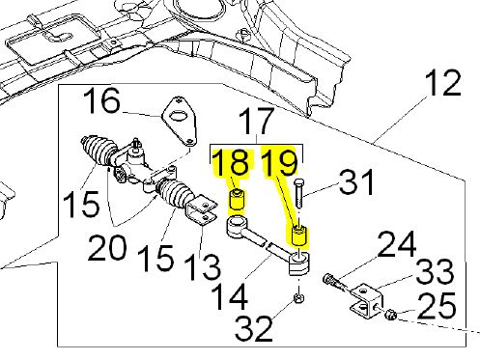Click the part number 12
pyautogui.click(x=442, y=83)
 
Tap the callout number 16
pyautogui.click(x=103, y=101)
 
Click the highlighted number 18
pyautogui.click(x=231, y=163)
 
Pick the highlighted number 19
pyautogui.click(x=279, y=163)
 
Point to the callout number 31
pyautogui.click(x=356, y=182)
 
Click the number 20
pyautogui.click(x=106, y=248)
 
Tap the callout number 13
pyautogui.click(x=202, y=267)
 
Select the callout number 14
pyautogui.click(x=230, y=297)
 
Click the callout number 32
pyautogui.click(x=254, y=328)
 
